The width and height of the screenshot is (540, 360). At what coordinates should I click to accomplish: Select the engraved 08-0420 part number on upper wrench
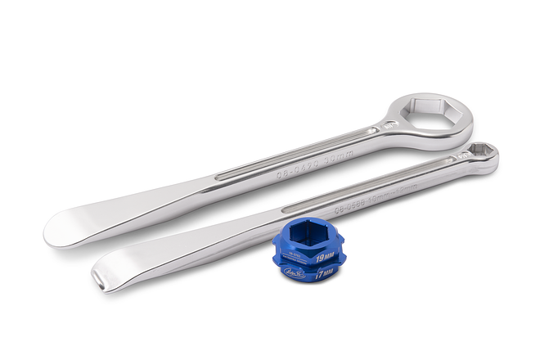pyautogui.click(x=275, y=165)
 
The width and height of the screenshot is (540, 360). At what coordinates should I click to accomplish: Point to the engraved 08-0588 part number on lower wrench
pyautogui.click(x=326, y=201)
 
